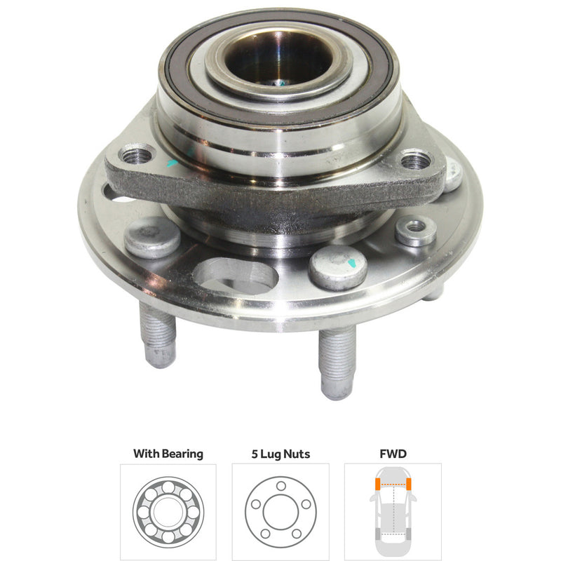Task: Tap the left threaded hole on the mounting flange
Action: (137, 154)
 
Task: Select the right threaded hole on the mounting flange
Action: (415, 161)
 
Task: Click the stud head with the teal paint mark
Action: (338, 266)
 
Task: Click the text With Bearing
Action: (168, 454)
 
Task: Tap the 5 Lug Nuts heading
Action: (280, 454)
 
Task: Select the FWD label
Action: (393, 454)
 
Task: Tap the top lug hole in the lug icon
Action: (280, 486)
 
